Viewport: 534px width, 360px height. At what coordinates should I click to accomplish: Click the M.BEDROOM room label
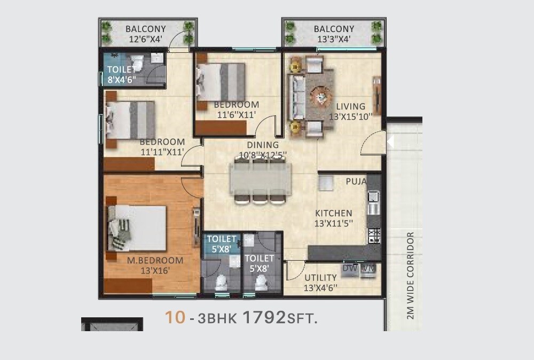pyautogui.click(x=155, y=261)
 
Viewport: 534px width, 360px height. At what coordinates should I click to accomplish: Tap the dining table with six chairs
pyautogui.click(x=261, y=181)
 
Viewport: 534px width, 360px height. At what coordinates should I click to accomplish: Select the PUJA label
pyautogui.click(x=356, y=182)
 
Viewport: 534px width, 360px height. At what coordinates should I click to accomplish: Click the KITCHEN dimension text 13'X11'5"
pyautogui.click(x=333, y=223)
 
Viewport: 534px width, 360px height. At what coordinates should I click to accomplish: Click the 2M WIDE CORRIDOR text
pyautogui.click(x=410, y=276)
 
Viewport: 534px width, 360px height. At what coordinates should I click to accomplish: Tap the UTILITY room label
pyautogui.click(x=320, y=278)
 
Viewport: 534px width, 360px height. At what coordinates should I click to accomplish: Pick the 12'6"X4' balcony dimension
pyautogui.click(x=146, y=39)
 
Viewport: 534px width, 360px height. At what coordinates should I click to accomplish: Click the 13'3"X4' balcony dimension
pyautogui.click(x=334, y=39)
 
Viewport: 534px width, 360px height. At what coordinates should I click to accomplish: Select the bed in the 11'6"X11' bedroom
pyautogui.click(x=221, y=82)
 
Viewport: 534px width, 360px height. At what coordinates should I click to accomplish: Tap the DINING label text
pyautogui.click(x=263, y=145)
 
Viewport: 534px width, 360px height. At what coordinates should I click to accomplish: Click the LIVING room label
pyautogui.click(x=351, y=106)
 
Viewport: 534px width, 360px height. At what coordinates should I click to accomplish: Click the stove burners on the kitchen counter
pyautogui.click(x=374, y=233)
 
